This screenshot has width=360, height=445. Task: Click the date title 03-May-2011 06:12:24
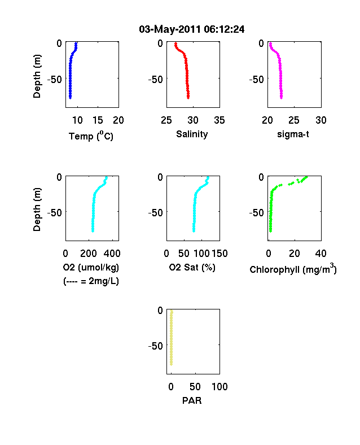192,29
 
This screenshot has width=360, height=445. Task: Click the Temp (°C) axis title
91,136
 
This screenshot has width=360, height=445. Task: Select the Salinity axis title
192,134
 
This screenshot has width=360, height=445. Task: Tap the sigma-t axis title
293,134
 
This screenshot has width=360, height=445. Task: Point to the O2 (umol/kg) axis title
91,267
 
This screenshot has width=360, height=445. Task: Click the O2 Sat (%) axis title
192,267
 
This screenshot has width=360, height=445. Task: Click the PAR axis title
192,400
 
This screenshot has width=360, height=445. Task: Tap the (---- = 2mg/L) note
91,281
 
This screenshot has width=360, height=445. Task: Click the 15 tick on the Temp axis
98,120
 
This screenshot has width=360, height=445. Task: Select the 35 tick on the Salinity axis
219,120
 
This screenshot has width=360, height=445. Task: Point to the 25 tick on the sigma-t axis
294,120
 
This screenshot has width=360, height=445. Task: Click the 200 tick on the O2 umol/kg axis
89,254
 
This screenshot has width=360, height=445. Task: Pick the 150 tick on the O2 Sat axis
219,254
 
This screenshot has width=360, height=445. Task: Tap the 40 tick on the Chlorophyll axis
321,254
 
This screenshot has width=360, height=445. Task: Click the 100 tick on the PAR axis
219,386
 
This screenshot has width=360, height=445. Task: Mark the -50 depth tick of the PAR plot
156,346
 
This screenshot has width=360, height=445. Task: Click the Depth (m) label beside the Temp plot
37,76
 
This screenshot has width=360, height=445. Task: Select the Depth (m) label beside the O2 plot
37,210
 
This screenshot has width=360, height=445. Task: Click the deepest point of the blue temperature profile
71,98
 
